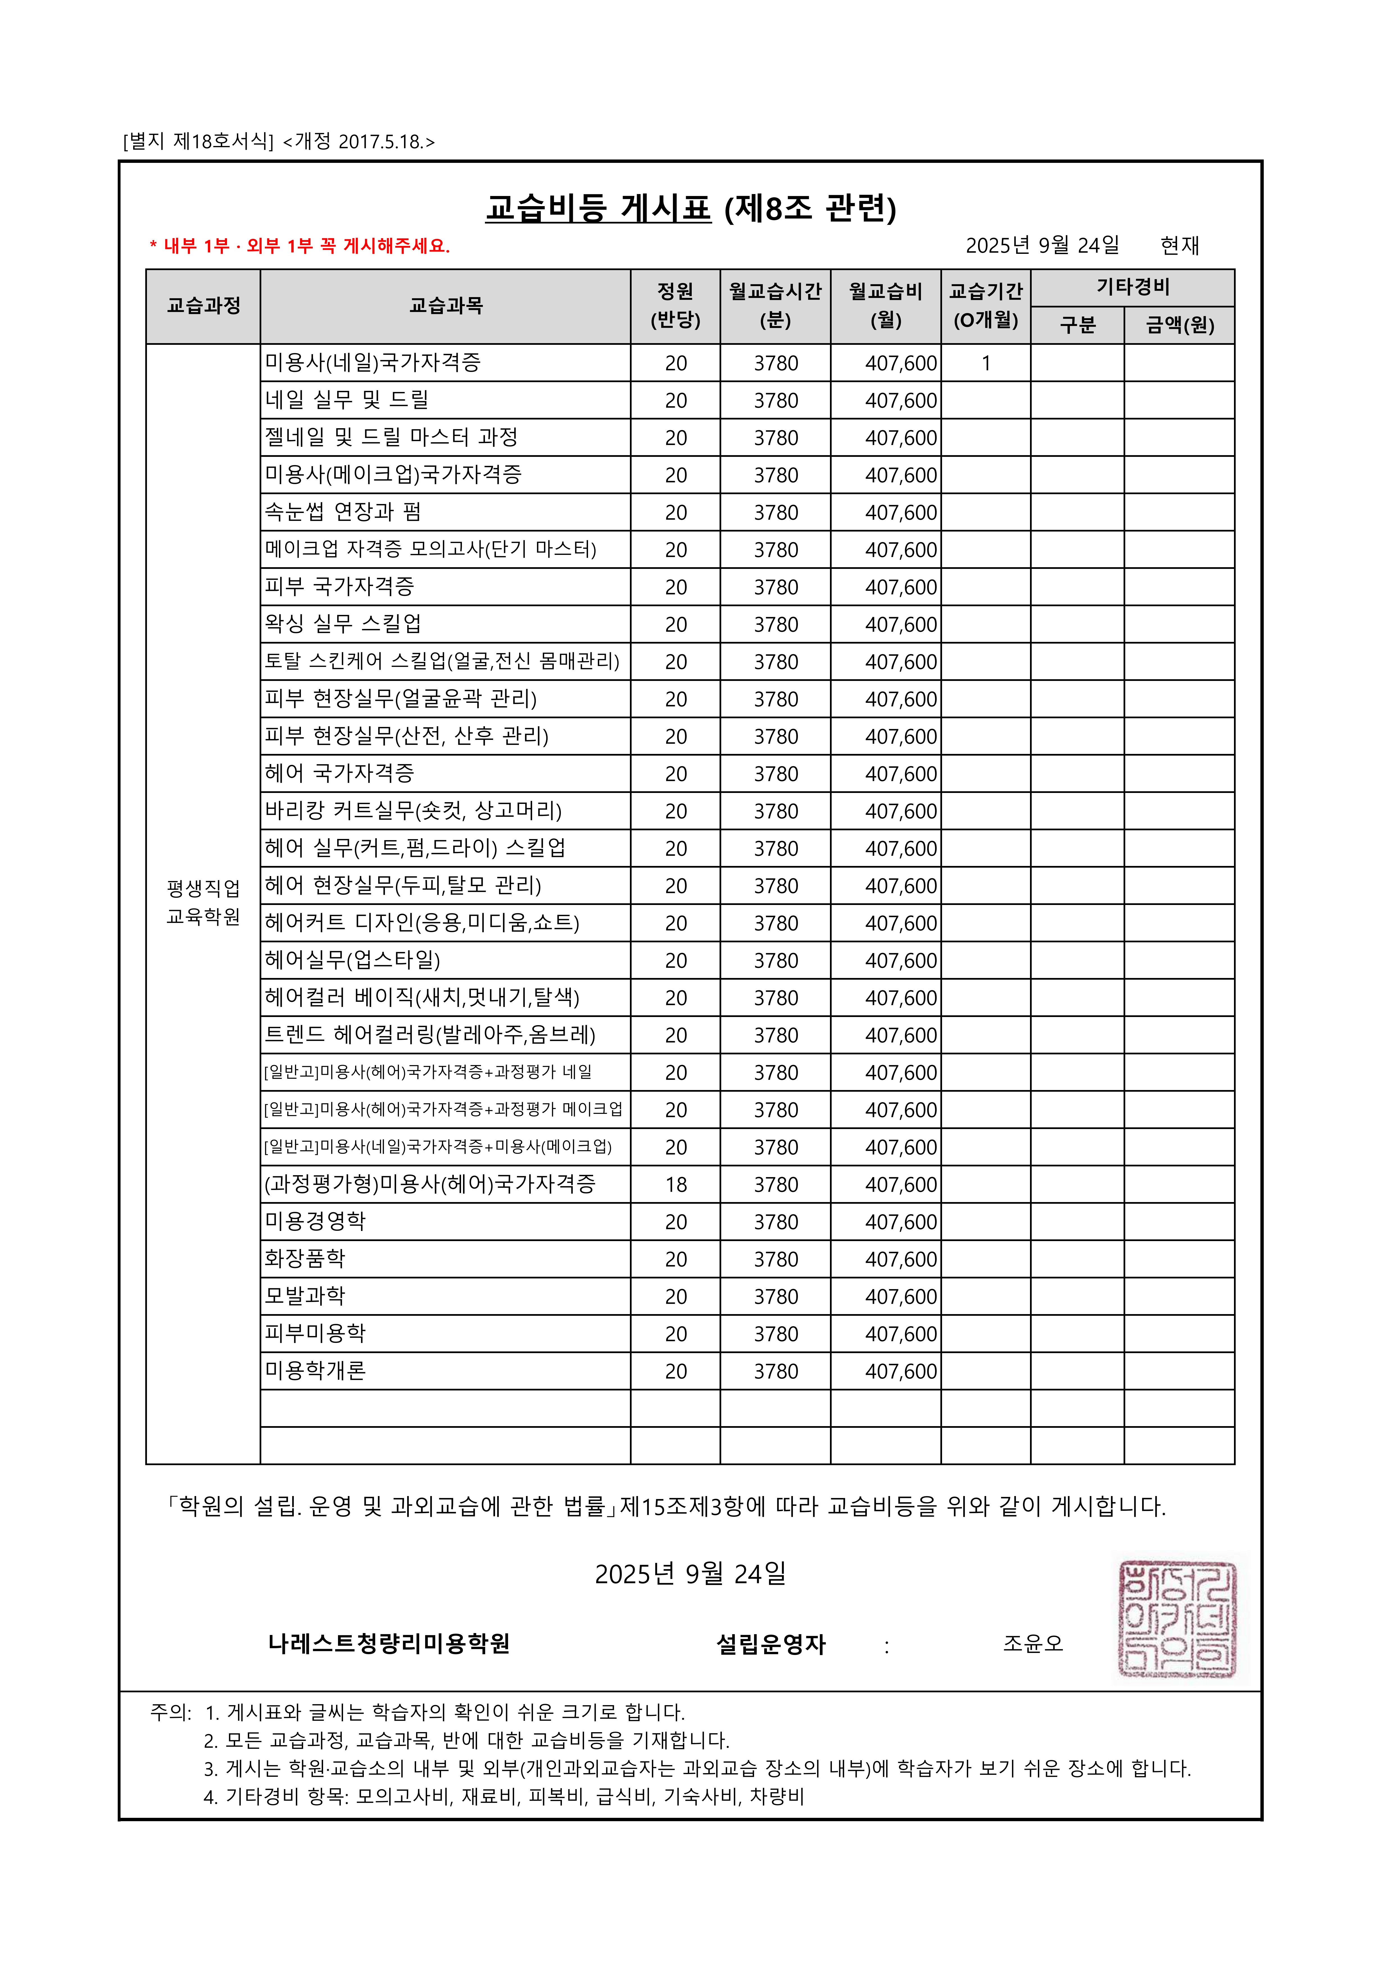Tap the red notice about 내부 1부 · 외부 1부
(300, 246)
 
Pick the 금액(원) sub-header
(1179, 325)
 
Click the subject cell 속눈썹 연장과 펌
(343, 512)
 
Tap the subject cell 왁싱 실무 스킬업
(343, 624)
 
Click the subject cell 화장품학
(305, 1259)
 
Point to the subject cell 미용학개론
(315, 1370)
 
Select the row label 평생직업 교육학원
(203, 903)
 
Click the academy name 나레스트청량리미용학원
(389, 1643)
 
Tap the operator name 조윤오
(1033, 1643)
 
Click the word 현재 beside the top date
(1179, 246)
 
